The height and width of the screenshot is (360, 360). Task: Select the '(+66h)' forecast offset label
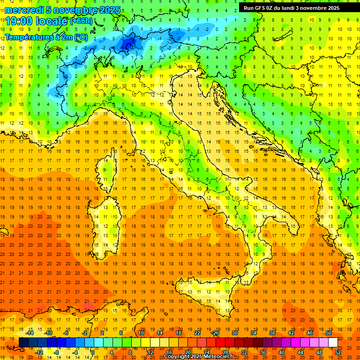tap(82, 21)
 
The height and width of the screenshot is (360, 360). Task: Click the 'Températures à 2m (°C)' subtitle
tap(46, 37)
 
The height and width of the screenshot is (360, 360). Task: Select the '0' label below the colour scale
tap(92, 352)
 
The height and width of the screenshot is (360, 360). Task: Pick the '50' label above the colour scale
tap(329, 333)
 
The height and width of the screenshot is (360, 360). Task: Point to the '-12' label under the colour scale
tap(39, 352)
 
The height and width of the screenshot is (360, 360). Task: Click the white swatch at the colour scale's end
tap(333, 342)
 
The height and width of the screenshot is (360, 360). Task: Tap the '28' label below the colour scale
tap(225, 352)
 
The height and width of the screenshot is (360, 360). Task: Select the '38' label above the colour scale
tap(272, 333)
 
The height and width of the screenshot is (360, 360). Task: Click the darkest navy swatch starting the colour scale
tap(23, 342)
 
